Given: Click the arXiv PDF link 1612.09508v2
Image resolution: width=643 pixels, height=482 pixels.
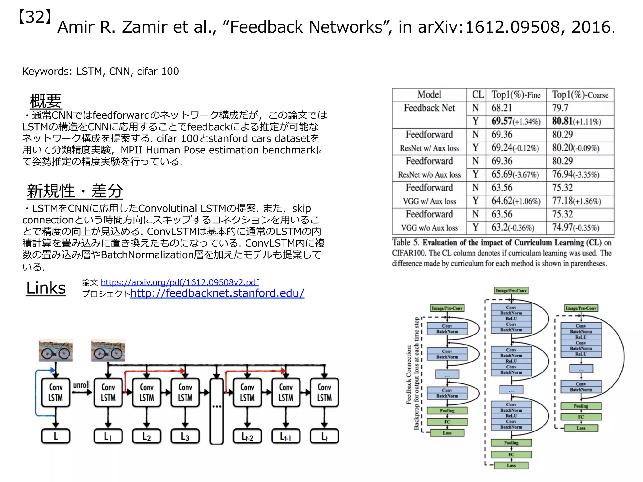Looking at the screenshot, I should (x=180, y=282).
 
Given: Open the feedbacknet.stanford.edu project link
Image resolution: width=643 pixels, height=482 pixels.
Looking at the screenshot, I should (x=217, y=293).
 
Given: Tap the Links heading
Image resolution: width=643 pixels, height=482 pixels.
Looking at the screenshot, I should (x=46, y=288).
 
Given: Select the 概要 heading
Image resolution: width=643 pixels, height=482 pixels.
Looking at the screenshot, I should (x=46, y=101).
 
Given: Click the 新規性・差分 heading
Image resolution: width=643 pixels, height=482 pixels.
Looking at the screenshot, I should (x=75, y=191).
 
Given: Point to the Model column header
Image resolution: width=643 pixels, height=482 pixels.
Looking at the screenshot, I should (x=429, y=94).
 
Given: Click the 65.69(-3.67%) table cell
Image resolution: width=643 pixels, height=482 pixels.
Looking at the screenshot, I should (x=515, y=174).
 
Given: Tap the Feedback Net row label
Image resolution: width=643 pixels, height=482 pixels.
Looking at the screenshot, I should (x=429, y=108).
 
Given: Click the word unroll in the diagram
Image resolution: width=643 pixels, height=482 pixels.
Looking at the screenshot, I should (x=81, y=385).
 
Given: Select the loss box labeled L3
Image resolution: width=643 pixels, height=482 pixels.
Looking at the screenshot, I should (x=185, y=436).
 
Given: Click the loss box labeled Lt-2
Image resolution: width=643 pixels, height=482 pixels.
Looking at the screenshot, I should (x=247, y=436).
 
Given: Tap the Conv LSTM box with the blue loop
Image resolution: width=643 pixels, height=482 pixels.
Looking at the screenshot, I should (x=56, y=392).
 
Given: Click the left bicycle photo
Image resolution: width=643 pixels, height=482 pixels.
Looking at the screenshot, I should (x=56, y=350).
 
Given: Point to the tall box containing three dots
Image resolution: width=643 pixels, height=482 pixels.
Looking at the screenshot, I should (x=217, y=411).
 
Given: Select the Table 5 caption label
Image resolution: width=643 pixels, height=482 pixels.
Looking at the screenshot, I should (x=405, y=243).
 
